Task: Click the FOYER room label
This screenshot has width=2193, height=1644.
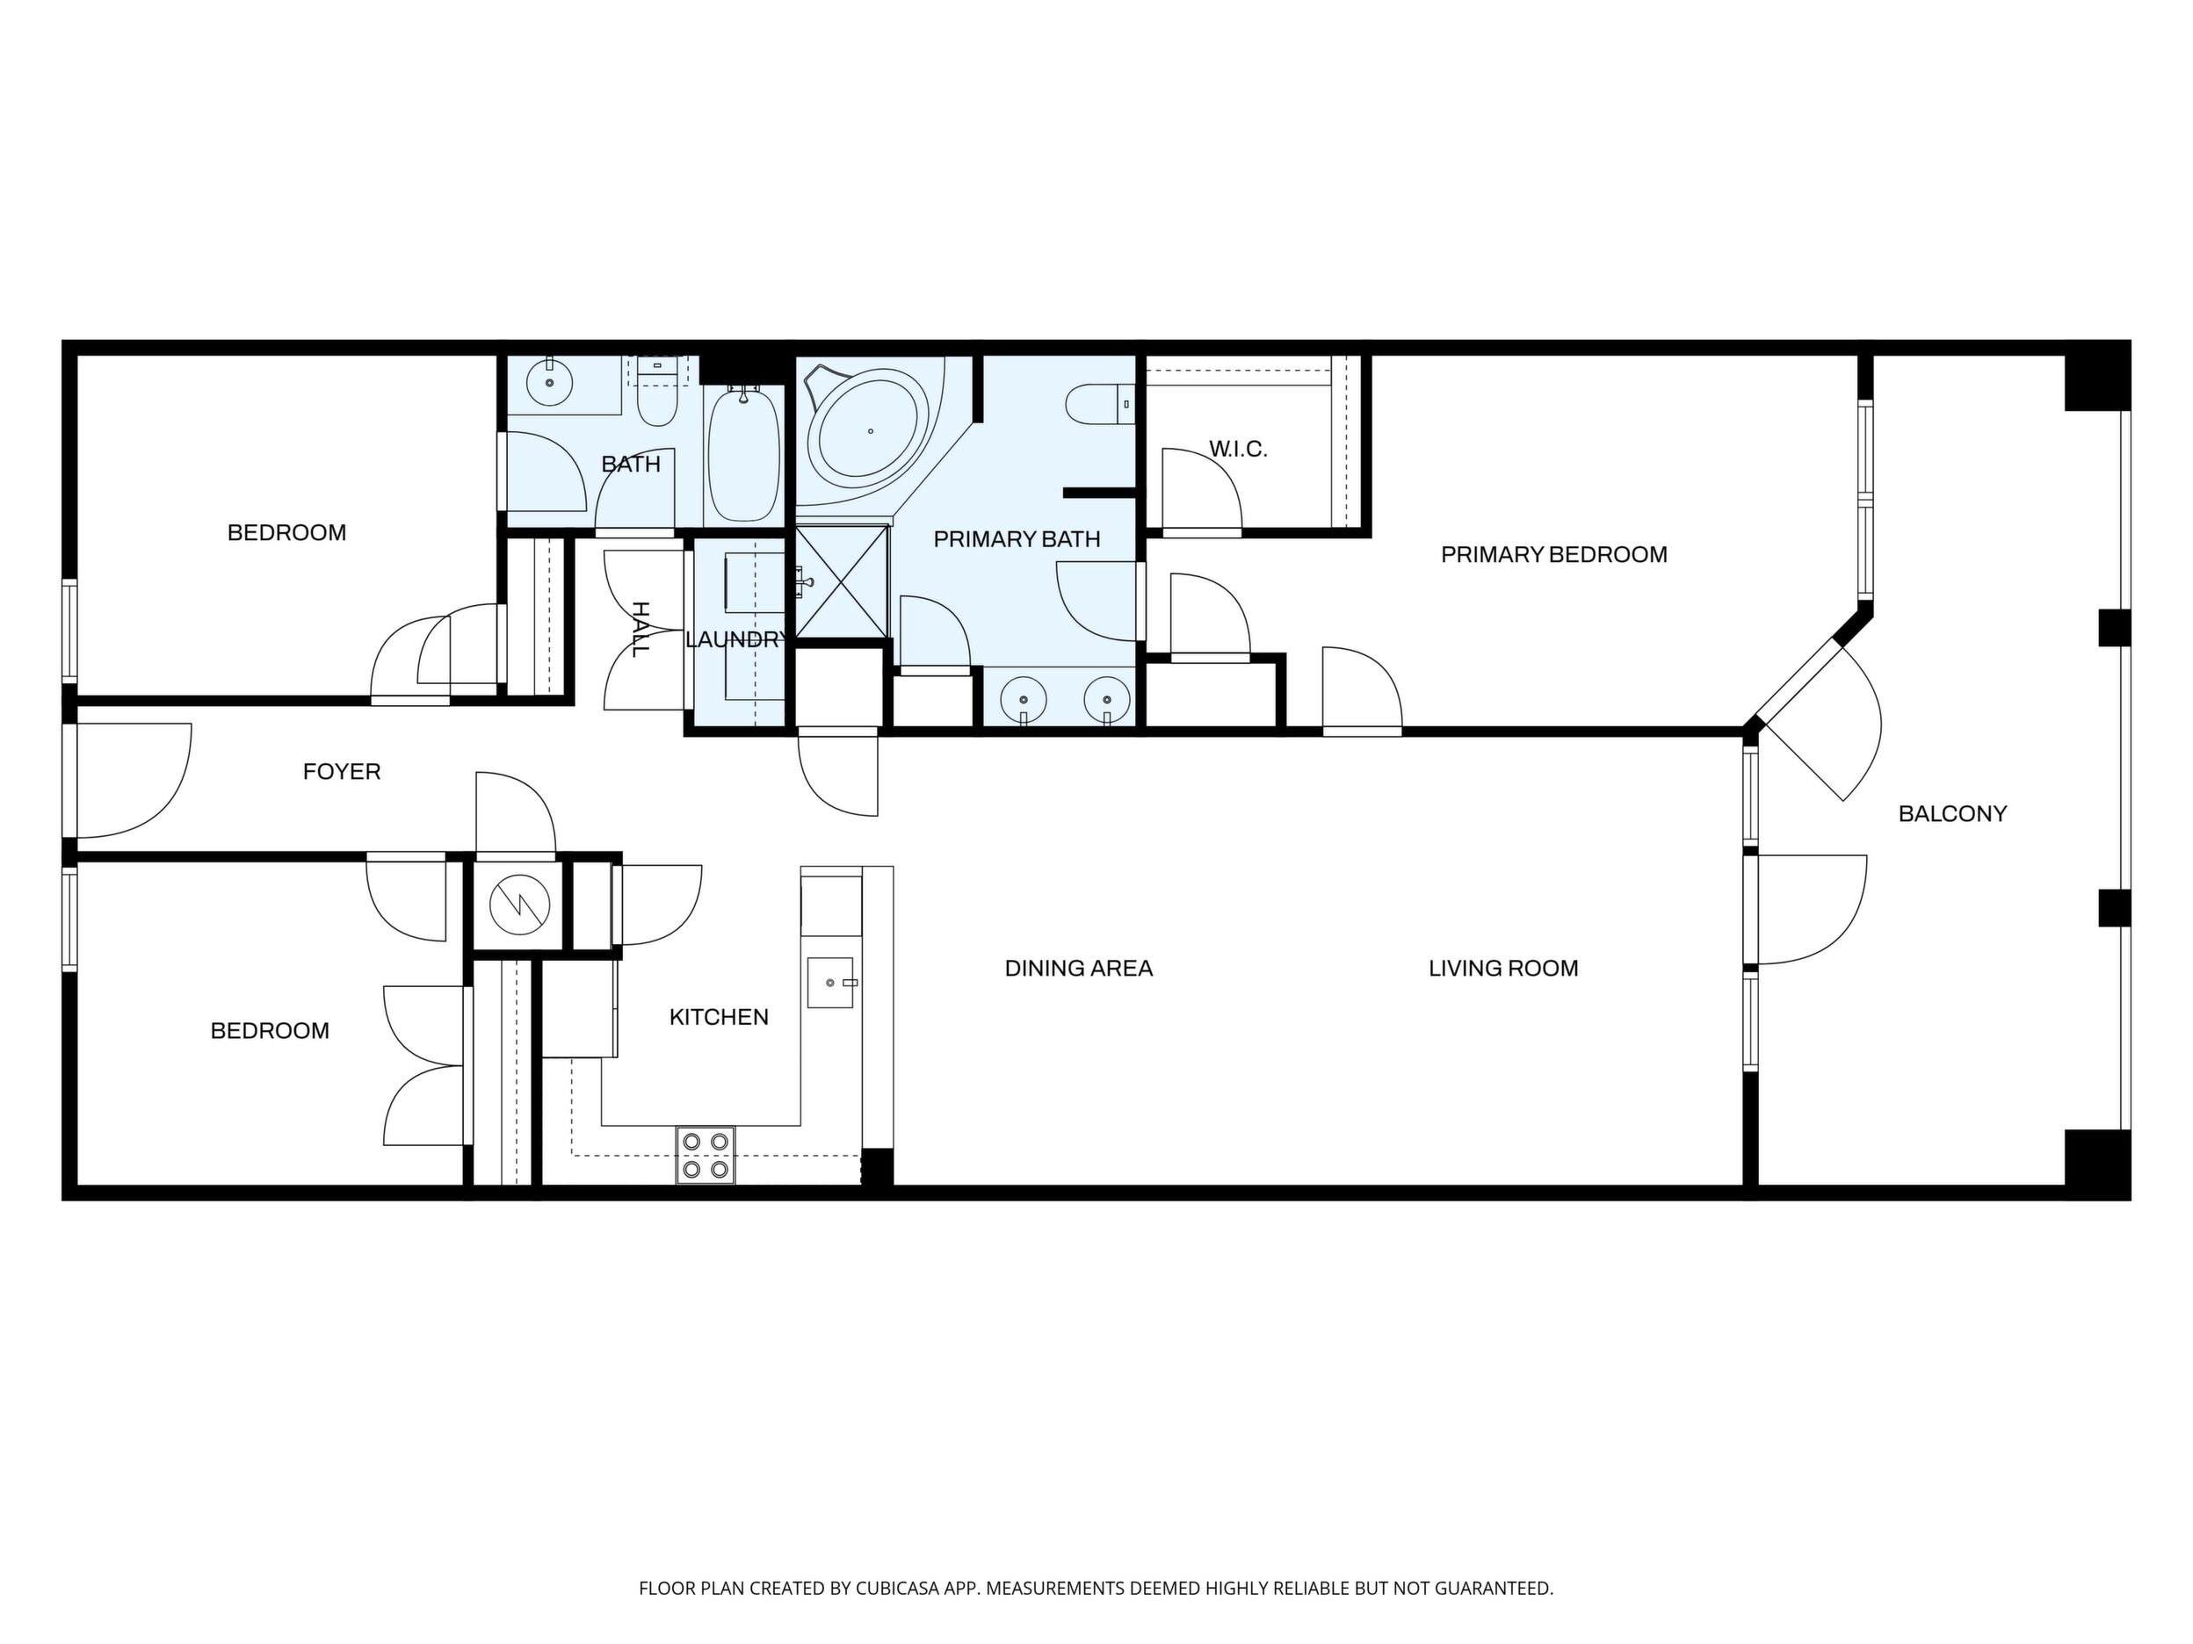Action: [x=342, y=771]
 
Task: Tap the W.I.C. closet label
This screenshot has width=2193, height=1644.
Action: [x=1238, y=449]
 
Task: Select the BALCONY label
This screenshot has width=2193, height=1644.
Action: [x=1952, y=813]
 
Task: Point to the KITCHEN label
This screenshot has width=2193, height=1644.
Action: [x=719, y=1017]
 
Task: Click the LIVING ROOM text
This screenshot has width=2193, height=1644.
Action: [x=1503, y=968]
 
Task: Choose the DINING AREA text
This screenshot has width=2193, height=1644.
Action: [x=1079, y=968]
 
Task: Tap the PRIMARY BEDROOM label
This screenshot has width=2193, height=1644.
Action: [x=1553, y=555]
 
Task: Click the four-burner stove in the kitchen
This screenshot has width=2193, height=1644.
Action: [x=706, y=1156]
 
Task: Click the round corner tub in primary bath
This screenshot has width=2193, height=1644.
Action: [x=868, y=432]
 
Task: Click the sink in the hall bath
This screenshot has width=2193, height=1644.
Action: [x=548, y=381]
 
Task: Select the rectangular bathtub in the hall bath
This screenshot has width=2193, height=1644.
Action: [x=743, y=456]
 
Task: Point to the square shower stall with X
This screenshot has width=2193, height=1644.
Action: [x=842, y=580]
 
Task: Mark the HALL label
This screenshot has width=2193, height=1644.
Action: [x=641, y=630]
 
